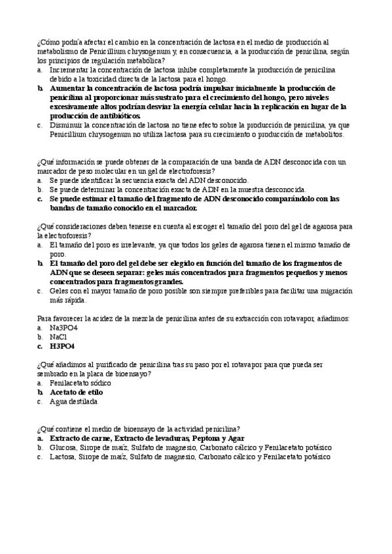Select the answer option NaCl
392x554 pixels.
coord(58,336)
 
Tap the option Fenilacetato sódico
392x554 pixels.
coord(80,382)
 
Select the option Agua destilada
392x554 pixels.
coord(73,401)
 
